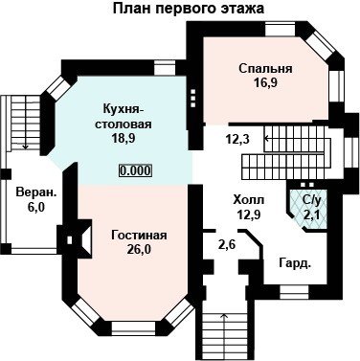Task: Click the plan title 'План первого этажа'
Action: tap(189, 9)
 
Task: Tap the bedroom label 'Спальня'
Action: tap(265, 68)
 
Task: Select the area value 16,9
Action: tap(265, 82)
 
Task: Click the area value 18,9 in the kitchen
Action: tap(124, 138)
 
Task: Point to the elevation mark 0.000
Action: tap(135, 170)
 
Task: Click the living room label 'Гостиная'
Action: tap(139, 236)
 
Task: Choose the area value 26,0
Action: tap(139, 249)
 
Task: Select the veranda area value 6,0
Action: tap(35, 207)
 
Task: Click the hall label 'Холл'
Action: tap(249, 200)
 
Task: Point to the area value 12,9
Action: tap(249, 214)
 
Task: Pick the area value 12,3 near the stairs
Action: tap(237, 139)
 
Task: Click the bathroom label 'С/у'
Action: tap(311, 200)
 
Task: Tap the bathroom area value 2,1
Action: tap(311, 214)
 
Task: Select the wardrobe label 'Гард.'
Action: tap(295, 264)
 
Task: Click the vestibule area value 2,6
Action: tap(227, 245)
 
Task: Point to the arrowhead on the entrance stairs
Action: tap(225, 315)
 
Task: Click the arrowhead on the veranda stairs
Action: tap(26, 147)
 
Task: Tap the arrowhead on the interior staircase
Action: tap(266, 139)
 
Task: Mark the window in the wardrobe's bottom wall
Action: tap(294, 291)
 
